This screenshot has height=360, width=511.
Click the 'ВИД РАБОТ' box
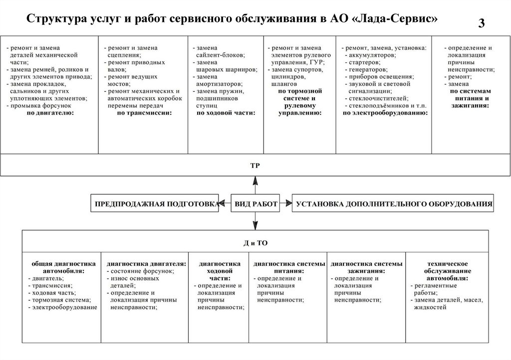pyautogui.click(x=255, y=204)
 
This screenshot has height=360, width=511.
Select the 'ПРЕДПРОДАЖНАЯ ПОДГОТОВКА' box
pyautogui.click(x=155, y=204)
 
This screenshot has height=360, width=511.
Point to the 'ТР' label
pyautogui.click(x=255, y=165)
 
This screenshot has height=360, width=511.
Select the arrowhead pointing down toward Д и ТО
pyautogui.click(x=255, y=227)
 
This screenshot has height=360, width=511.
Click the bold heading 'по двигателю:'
pyautogui.click(x=50, y=113)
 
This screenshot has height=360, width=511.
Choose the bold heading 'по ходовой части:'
pyautogui.click(x=226, y=113)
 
